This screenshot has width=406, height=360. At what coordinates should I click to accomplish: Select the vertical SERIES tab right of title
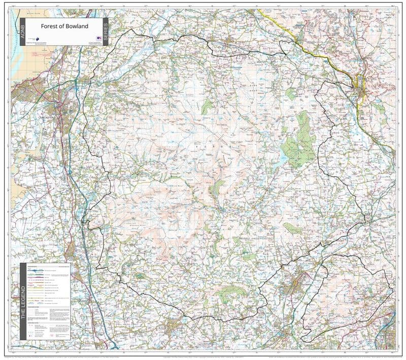coord(106,31)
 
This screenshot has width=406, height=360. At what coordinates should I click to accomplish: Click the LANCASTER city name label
coord(49,116)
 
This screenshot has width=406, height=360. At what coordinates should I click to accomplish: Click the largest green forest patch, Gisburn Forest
coord(299,139)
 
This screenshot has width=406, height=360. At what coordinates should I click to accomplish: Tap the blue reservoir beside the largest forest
coord(283,155)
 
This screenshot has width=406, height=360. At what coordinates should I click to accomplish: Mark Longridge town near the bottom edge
coord(180,325)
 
